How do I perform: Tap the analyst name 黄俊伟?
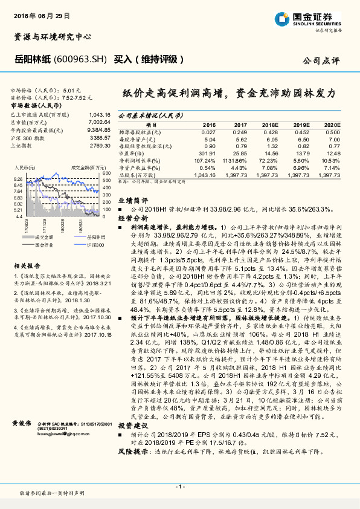(x=22, y=425)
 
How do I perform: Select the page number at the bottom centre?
(x=179, y=486)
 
